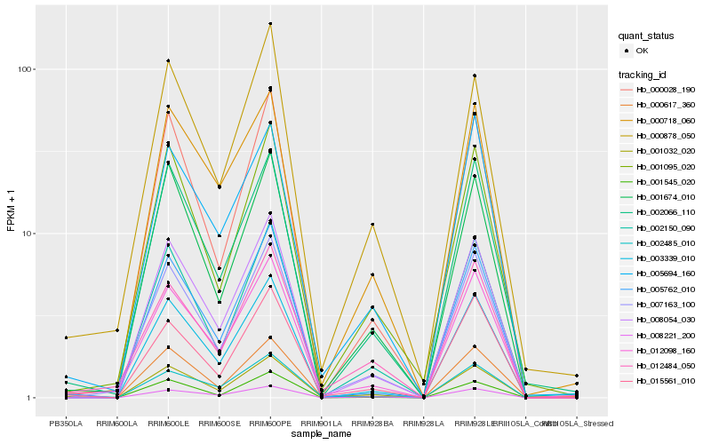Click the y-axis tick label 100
tap(24, 69)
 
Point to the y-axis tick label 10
tap(27, 234)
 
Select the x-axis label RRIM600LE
tap(168, 424)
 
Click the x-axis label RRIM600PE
tap(270, 424)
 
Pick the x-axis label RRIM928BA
tap(372, 424)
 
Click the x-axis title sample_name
tap(322, 435)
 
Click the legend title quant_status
tap(647, 36)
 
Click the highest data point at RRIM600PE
tap(270, 24)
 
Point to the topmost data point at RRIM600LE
tap(168, 60)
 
